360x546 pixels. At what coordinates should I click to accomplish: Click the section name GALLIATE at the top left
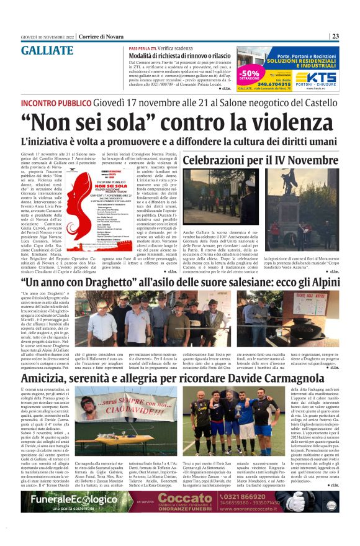click(47, 51)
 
